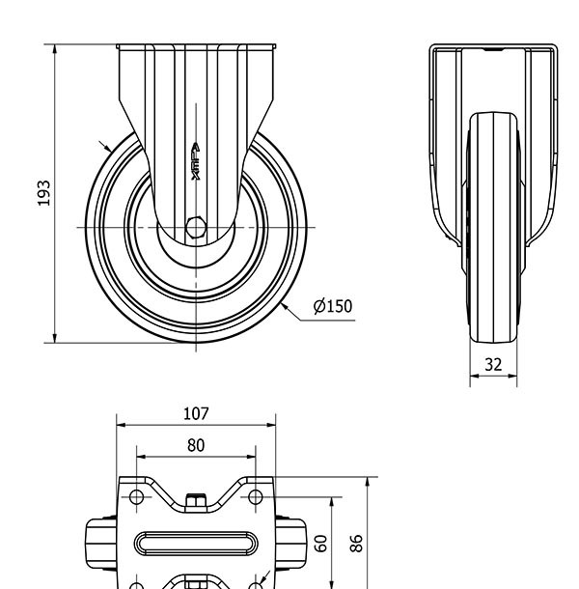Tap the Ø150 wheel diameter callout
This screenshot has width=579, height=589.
334,307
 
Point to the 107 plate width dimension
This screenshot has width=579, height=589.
196,413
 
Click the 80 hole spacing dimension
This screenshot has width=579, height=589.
196,445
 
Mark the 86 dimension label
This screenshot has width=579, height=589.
357,542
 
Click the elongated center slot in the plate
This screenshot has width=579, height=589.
196,543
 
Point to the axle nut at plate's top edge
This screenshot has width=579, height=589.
196,499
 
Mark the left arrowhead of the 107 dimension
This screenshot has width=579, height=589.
120,424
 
